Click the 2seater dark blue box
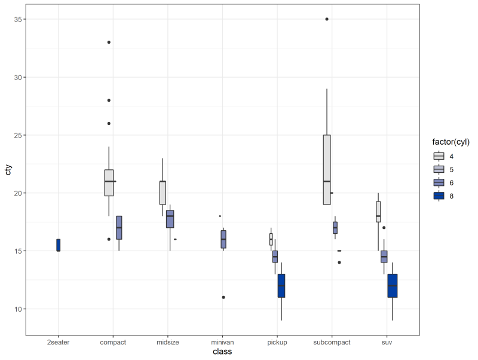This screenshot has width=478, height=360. point(59,245)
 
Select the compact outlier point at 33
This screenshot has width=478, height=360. point(109,42)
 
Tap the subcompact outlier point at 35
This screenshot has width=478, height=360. point(327,19)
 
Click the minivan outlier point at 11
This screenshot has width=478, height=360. point(223,297)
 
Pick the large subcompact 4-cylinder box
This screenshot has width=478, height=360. point(327,170)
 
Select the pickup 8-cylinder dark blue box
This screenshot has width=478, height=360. point(281,286)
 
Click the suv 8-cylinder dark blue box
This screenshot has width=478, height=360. point(393,286)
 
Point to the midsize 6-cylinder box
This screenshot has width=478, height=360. point(170,219)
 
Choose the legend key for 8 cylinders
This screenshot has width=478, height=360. point(439,196)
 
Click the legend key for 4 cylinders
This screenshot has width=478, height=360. point(439,156)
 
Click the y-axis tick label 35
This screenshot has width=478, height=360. point(19,19)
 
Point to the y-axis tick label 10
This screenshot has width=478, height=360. point(19,309)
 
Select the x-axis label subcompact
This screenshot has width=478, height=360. point(332,343)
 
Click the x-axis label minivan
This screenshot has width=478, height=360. point(222,343)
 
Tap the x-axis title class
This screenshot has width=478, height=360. point(222,352)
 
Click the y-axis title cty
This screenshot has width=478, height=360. point(8,173)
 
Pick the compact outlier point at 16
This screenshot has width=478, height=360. point(109,239)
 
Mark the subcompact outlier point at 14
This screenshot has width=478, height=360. point(339,263)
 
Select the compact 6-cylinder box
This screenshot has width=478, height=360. point(119,228)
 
